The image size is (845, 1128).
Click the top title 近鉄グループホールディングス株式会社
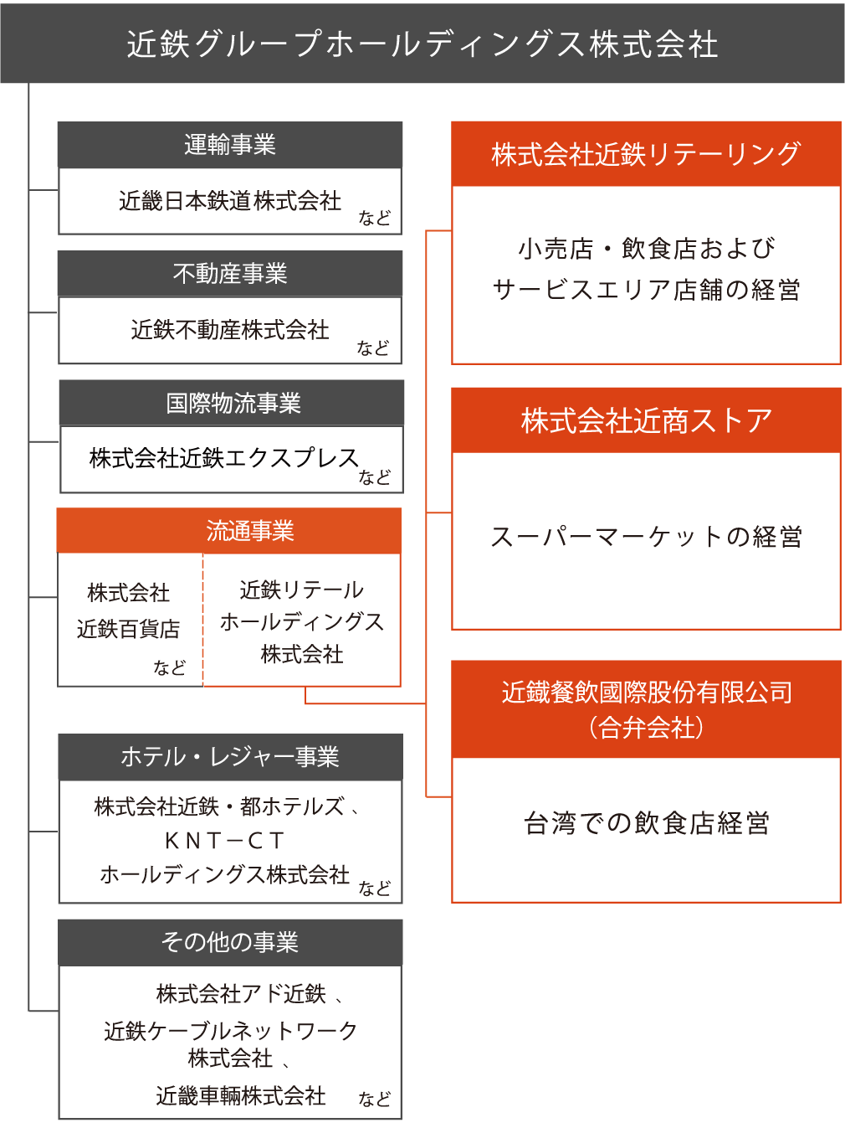pyautogui.click(x=422, y=44)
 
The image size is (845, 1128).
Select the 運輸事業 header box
pyautogui.click(x=230, y=145)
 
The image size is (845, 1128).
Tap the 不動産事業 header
pyautogui.click(x=230, y=274)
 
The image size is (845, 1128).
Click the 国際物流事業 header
pyautogui.click(x=233, y=403)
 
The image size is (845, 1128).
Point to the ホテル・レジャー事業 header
pyautogui.click(x=230, y=757)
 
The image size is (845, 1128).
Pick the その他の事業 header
pyautogui.click(x=230, y=942)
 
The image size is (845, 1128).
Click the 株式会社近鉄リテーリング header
pyautogui.click(x=646, y=154)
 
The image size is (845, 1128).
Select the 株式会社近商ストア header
pyautogui.click(x=646, y=420)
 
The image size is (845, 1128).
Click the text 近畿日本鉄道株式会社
pyautogui.click(x=230, y=201)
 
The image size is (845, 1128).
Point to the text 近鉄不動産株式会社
pyautogui.click(x=230, y=330)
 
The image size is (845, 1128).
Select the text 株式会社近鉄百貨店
pyautogui.click(x=129, y=611)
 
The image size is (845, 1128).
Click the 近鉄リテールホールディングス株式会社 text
pyautogui.click(x=302, y=622)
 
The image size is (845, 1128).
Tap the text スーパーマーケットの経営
pyautogui.click(x=646, y=537)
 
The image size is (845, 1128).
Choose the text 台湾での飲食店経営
pyautogui.click(x=646, y=823)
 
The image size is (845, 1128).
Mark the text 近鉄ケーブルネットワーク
pyautogui.click(x=230, y=1031)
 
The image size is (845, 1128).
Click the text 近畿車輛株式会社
pyautogui.click(x=241, y=1096)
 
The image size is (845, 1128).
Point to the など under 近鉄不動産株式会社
pyautogui.click(x=373, y=348)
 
